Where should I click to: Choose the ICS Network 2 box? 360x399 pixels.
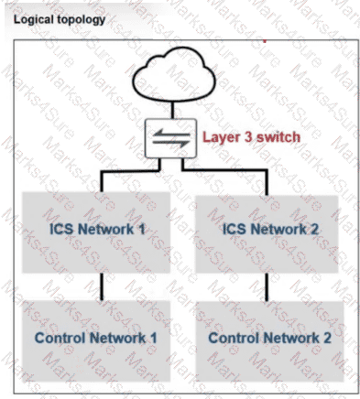pos(267,229)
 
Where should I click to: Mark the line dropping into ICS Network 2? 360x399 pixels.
pos(266,181)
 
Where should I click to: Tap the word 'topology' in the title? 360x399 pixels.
pos(79,18)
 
